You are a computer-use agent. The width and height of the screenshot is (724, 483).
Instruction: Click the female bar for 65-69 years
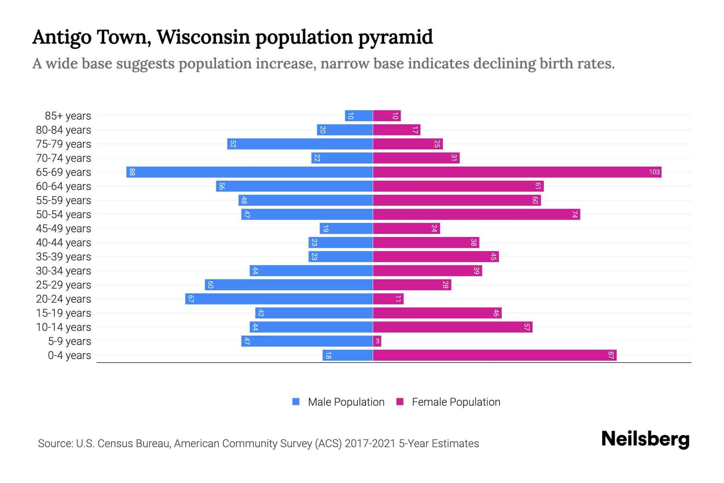click(517, 172)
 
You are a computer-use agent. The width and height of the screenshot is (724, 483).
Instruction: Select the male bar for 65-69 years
click(249, 172)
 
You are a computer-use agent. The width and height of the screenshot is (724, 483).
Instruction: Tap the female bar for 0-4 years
click(494, 355)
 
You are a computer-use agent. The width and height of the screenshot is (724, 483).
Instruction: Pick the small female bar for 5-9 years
click(377, 341)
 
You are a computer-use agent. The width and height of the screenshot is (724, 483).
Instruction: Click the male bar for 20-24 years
click(279, 299)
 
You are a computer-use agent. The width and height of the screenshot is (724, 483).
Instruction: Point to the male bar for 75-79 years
click(300, 144)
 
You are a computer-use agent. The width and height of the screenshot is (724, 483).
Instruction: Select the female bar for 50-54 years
click(476, 215)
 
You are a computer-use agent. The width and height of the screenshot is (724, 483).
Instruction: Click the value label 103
click(654, 172)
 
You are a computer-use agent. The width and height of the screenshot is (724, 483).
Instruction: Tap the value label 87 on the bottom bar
click(611, 355)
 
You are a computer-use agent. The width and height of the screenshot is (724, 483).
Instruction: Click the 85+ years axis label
click(68, 116)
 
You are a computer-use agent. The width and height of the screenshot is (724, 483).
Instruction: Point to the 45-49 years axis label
click(64, 229)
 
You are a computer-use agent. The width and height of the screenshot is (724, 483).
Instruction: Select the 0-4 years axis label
click(69, 355)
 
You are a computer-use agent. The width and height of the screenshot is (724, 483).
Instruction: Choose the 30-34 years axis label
click(64, 271)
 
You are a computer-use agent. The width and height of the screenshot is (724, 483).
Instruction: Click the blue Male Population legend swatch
click(296, 402)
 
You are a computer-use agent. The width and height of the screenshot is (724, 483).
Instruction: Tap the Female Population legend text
click(456, 402)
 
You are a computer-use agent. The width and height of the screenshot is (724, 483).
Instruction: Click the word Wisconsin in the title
click(204, 37)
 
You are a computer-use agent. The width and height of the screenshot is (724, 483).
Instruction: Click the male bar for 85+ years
click(358, 116)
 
